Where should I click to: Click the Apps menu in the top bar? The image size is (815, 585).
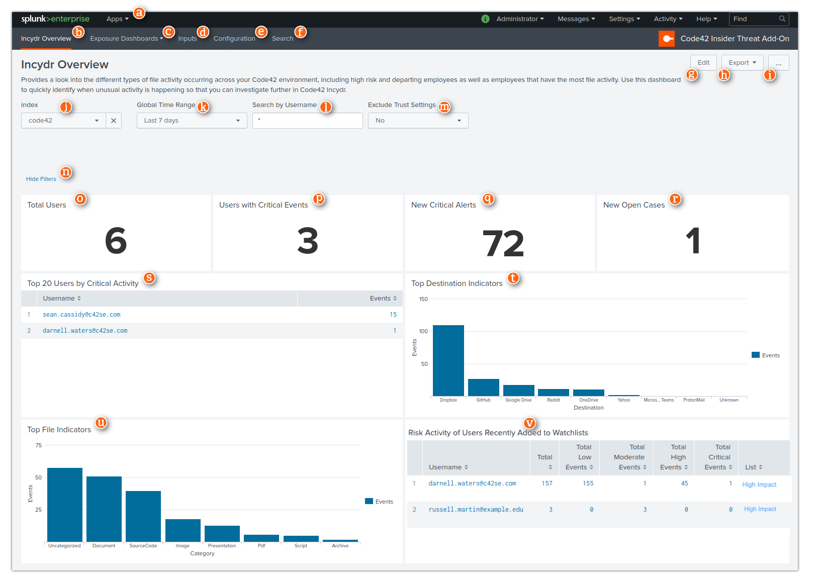pyautogui.click(x=117, y=19)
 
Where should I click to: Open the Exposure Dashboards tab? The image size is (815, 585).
pyautogui.click(x=126, y=39)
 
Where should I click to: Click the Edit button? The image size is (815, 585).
pyautogui.click(x=703, y=63)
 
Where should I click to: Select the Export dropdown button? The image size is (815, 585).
pyautogui.click(x=742, y=63)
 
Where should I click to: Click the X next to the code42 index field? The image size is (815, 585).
pyautogui.click(x=114, y=121)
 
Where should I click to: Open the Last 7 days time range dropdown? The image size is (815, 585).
pyautogui.click(x=192, y=121)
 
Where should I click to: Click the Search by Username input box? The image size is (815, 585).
pyautogui.click(x=307, y=121)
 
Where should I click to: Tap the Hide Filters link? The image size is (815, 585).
pyautogui.click(x=41, y=179)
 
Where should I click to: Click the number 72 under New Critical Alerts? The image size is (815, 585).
pyautogui.click(x=502, y=244)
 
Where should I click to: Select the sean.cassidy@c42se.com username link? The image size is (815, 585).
pyautogui.click(x=81, y=315)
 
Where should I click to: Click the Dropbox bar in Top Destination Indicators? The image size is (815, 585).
pyautogui.click(x=448, y=360)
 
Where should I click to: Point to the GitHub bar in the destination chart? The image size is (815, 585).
pyautogui.click(x=483, y=387)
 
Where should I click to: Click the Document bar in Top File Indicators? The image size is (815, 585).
pyautogui.click(x=104, y=509)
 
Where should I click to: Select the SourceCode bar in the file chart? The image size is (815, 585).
pyautogui.click(x=143, y=516)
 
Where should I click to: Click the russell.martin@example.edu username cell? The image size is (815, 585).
pyautogui.click(x=476, y=510)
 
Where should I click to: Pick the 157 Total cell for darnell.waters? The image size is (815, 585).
pyautogui.click(x=547, y=483)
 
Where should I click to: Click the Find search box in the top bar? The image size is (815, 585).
pyautogui.click(x=754, y=19)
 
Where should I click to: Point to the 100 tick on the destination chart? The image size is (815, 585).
pyautogui.click(x=423, y=331)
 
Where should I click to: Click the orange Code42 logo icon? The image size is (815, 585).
pyautogui.click(x=666, y=39)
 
